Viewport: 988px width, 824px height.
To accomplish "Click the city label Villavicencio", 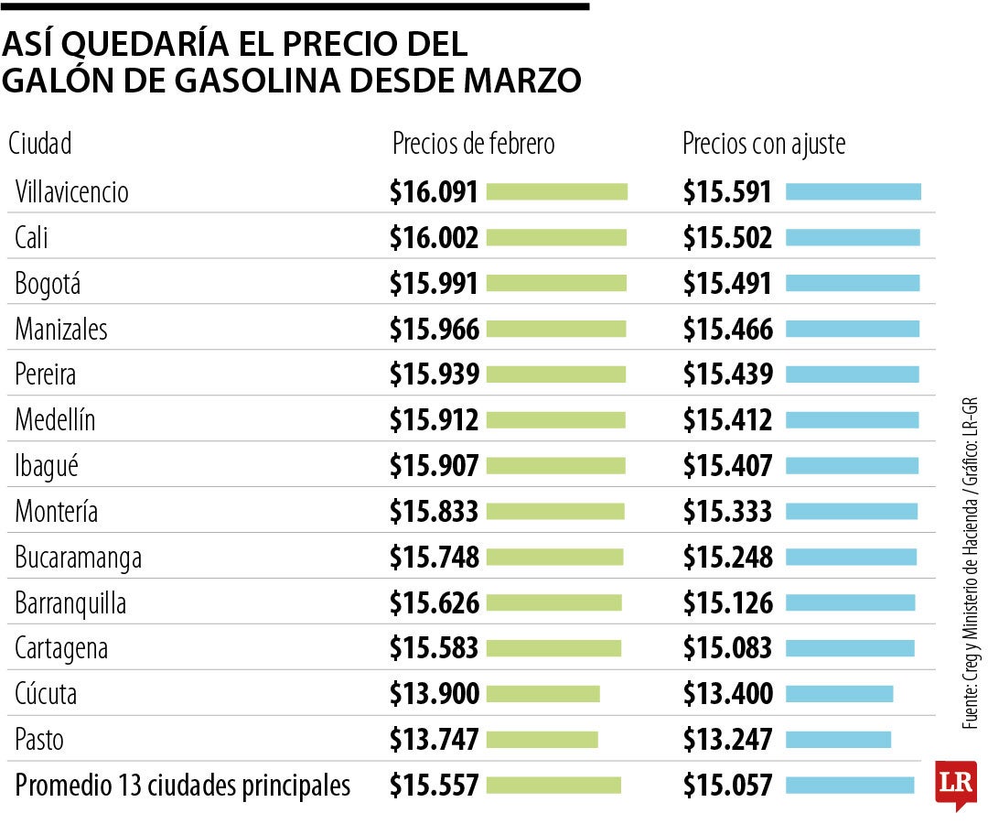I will (x=71, y=192).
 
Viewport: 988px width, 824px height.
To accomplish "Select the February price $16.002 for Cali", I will (x=434, y=238).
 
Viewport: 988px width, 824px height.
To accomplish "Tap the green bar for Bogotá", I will (x=556, y=284).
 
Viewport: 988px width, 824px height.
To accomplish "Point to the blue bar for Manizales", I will (x=853, y=329).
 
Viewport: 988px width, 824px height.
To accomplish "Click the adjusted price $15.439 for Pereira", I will (x=727, y=374).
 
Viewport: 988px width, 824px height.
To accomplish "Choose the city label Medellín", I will (x=55, y=420).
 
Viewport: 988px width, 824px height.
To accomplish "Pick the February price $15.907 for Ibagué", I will (x=434, y=466).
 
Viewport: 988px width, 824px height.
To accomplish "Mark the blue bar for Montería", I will (x=852, y=511).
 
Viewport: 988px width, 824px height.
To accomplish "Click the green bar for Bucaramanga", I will (x=554, y=557).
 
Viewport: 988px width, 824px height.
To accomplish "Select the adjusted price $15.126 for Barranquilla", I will (x=727, y=602).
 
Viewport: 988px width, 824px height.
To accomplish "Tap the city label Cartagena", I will (x=61, y=648).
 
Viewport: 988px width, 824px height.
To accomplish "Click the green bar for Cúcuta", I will (x=542, y=694).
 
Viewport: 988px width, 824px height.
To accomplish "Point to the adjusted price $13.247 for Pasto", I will (x=727, y=740).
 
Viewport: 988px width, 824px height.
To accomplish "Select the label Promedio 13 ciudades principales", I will (x=183, y=786).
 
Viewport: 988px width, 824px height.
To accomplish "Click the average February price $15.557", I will (x=434, y=786).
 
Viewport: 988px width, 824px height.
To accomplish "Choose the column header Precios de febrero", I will (x=473, y=144).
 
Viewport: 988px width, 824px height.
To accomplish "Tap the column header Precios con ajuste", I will (x=764, y=144).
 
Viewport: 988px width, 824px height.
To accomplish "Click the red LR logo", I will (x=955, y=784).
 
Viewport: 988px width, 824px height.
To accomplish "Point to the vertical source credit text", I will (x=970, y=563).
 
